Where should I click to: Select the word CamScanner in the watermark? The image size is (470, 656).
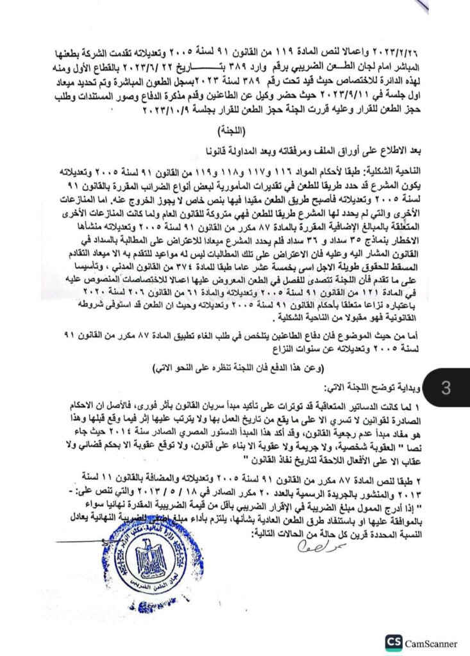point(431,643)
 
